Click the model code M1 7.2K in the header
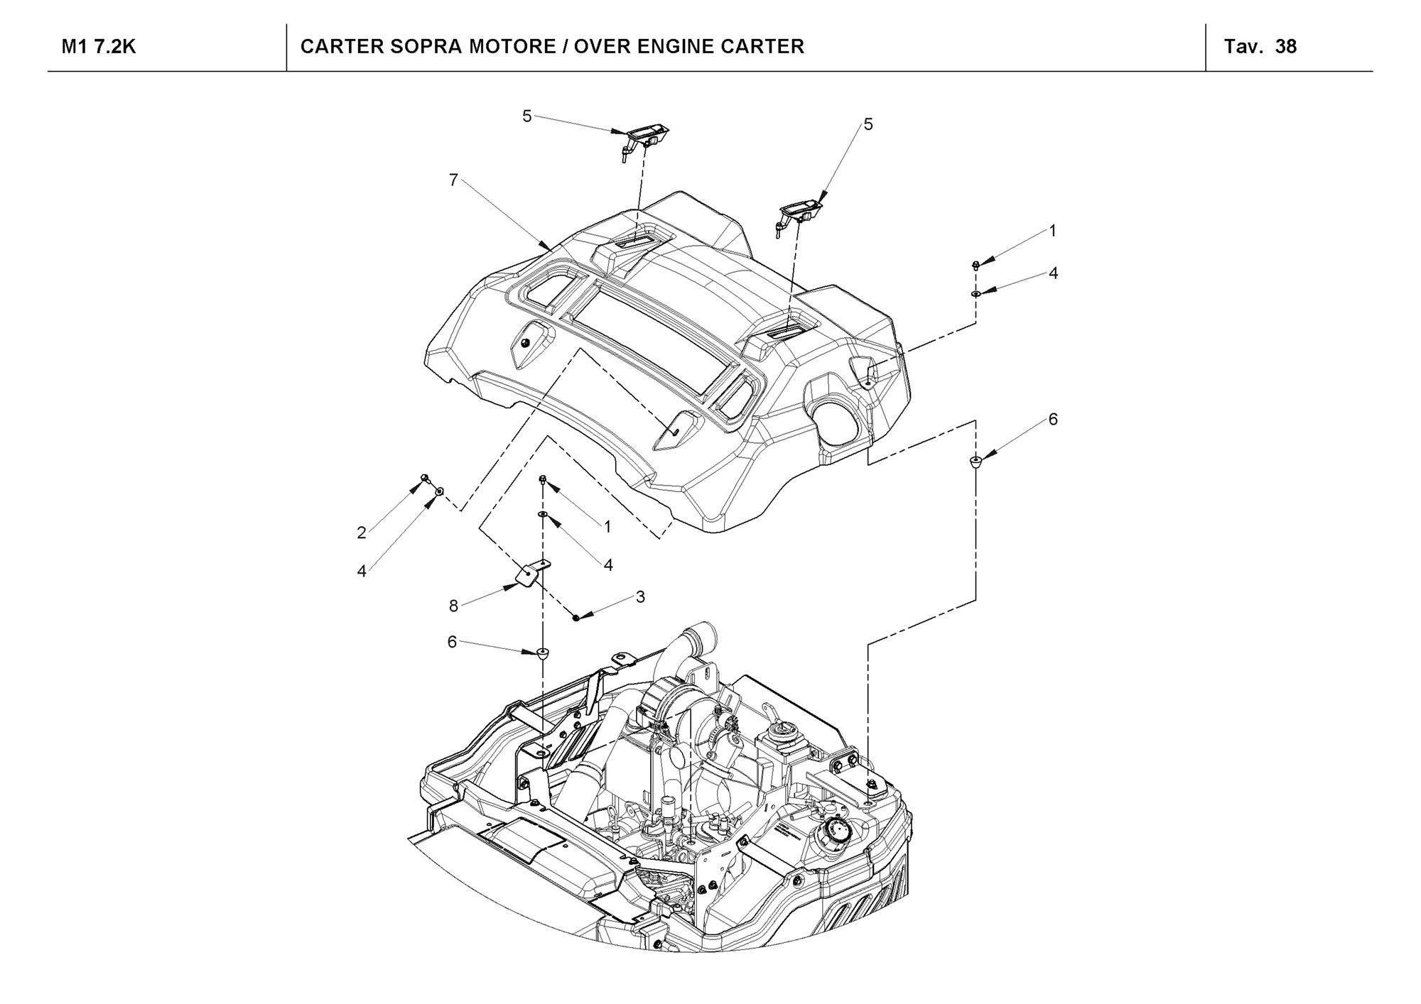[x=99, y=47]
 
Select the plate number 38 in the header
[x=1286, y=47]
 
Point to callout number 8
[x=453, y=606]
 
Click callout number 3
[x=640, y=597]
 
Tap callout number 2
[x=362, y=533]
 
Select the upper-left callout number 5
[x=526, y=116]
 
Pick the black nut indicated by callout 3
[x=576, y=618]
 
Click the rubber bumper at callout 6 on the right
[x=976, y=464]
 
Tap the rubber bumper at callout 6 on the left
[x=544, y=652]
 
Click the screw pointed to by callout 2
[x=425, y=478]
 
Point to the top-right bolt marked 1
[x=976, y=266]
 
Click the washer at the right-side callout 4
[x=976, y=293]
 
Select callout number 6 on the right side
[x=1053, y=420]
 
